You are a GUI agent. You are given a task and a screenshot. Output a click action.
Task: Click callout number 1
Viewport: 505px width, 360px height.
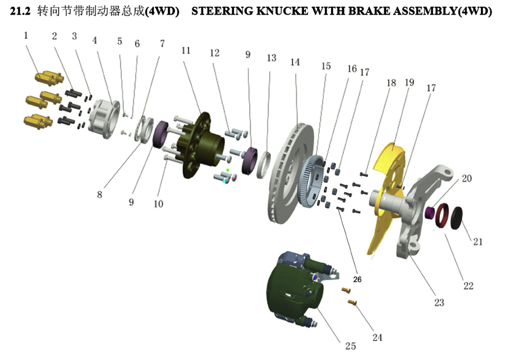26,35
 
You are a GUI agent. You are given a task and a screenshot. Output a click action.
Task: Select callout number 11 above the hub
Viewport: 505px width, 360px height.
186,50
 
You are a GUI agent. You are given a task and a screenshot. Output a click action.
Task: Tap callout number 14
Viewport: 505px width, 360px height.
295,62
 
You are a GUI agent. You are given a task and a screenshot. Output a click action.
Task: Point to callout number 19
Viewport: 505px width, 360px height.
409,82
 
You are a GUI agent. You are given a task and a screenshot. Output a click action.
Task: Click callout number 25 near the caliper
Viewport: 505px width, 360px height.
350,346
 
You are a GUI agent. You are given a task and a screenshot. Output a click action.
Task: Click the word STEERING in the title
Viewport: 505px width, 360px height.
222,11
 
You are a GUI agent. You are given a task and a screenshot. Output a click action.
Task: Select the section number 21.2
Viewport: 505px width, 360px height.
21,11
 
